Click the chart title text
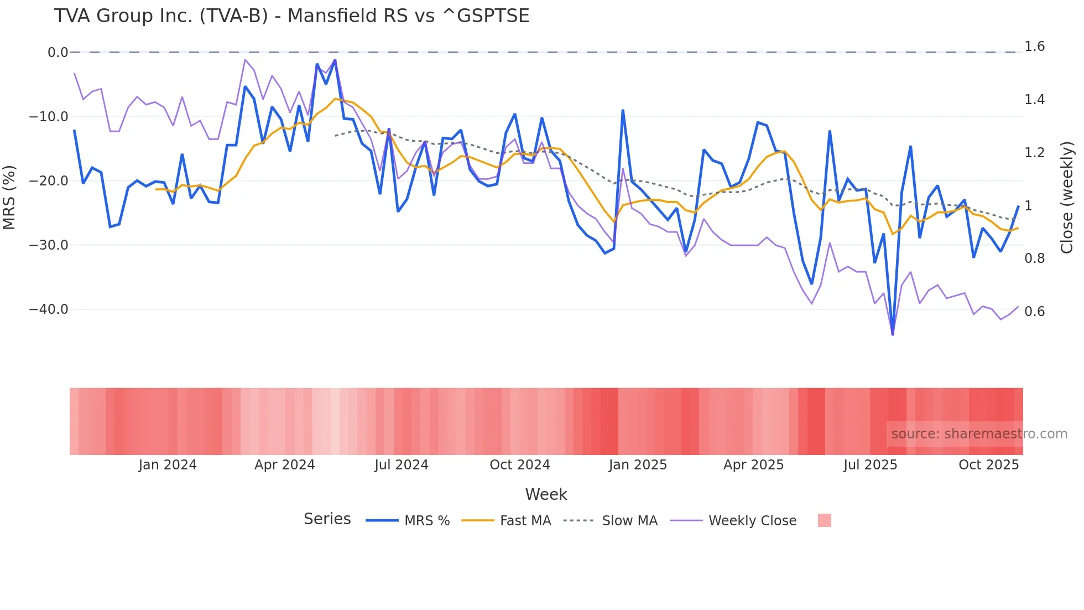[x=291, y=16]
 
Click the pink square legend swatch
[x=824, y=520]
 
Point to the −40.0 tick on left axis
[x=49, y=309]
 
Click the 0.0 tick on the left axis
[x=58, y=53]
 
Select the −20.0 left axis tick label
[x=49, y=181]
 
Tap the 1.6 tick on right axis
[x=1034, y=46]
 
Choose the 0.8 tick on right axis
[x=1034, y=259]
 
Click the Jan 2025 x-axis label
[x=638, y=465]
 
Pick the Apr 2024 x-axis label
[x=284, y=465]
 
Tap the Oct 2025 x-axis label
[x=988, y=465]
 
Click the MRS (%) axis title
[x=9, y=197]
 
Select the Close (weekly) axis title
[x=1067, y=198]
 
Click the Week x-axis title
[x=546, y=494]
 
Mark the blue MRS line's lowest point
[x=893, y=333]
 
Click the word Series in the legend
[x=327, y=519]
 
